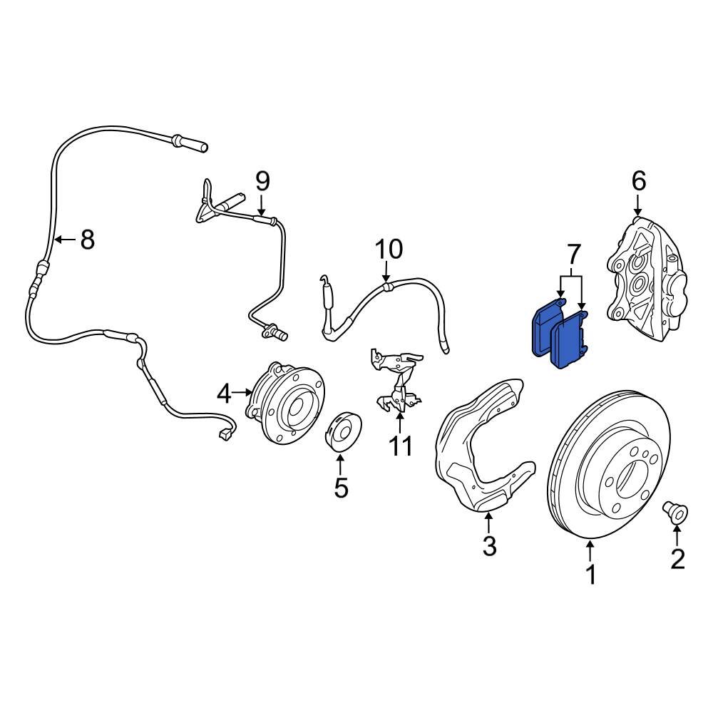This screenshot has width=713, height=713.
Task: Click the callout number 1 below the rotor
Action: pyautogui.click(x=590, y=575)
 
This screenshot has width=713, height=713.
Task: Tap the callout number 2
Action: pyautogui.click(x=677, y=559)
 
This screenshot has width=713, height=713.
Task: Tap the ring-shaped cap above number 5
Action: pyautogui.click(x=344, y=431)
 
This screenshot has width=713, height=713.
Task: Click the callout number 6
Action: pyautogui.click(x=638, y=181)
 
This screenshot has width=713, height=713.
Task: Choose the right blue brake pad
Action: pyautogui.click(x=570, y=342)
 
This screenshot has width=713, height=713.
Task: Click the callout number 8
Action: pyautogui.click(x=87, y=240)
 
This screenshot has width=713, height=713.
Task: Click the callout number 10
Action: pyautogui.click(x=389, y=250)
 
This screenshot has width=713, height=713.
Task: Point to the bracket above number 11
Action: pyautogui.click(x=396, y=378)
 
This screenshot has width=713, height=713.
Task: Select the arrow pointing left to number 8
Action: pyautogui.click(x=65, y=240)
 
